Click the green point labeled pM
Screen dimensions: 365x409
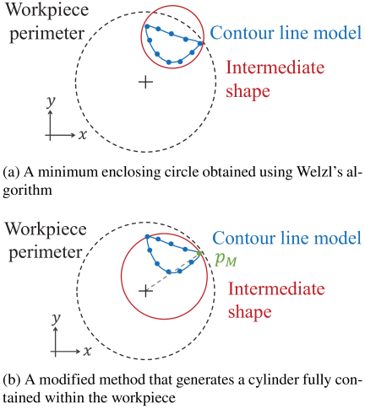199,254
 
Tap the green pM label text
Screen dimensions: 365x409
226,260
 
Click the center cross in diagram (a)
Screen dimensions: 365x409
145,82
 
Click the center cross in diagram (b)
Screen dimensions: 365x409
145,291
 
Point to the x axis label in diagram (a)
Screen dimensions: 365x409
83,135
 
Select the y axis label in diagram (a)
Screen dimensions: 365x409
51,102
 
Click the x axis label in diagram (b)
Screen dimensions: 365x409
87,351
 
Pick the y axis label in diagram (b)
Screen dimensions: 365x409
57,319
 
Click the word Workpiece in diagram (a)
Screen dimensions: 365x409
47,11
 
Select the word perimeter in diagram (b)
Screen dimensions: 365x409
45,253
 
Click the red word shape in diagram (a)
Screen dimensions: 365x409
248,91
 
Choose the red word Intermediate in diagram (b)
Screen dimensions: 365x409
276,288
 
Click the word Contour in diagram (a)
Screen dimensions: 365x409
242,33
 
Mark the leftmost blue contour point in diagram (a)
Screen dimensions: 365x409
147,26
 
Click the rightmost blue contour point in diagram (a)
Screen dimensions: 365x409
200,43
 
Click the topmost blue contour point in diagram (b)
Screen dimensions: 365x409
147,237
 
